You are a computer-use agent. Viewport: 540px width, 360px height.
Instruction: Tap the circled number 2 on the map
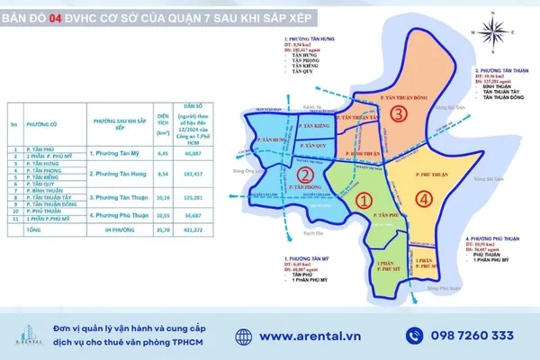[x=305, y=175]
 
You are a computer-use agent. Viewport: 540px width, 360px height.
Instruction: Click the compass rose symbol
[x=491, y=33]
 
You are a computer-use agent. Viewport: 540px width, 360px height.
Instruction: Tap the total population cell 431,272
[x=193, y=230]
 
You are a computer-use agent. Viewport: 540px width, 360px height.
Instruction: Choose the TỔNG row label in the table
[x=34, y=230]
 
